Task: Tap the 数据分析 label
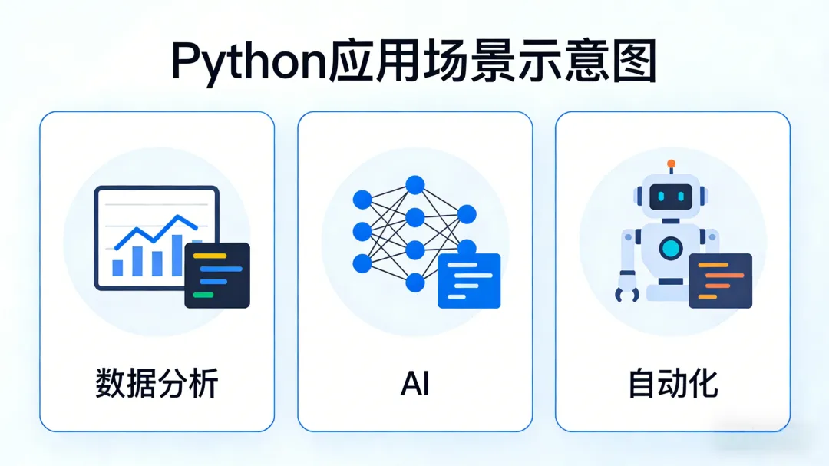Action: [x=157, y=383]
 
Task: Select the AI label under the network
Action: [x=414, y=383]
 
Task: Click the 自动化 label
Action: [x=672, y=383]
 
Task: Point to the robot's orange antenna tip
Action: [x=671, y=164]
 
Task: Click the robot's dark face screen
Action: [x=671, y=197]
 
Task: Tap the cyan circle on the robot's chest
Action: [x=671, y=247]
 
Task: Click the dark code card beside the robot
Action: [x=720, y=280]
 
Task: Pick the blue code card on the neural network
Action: [x=469, y=280]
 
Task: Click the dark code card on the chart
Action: [x=217, y=275]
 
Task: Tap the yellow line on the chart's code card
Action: [x=210, y=256]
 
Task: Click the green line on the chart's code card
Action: [x=203, y=294]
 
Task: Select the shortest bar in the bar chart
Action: [x=117, y=267]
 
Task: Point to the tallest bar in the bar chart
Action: [x=177, y=255]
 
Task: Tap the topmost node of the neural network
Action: [x=415, y=184]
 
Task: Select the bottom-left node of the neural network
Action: [x=362, y=263]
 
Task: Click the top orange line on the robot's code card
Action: [x=713, y=265]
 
